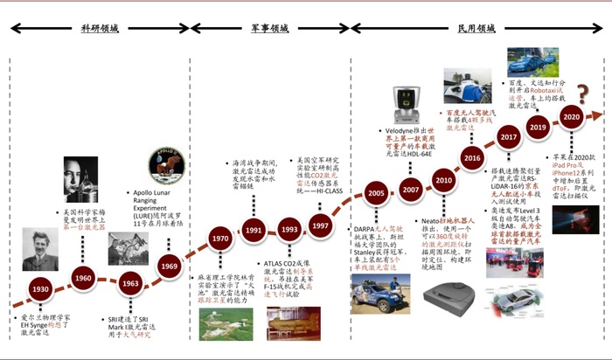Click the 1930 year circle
(x=39, y=289)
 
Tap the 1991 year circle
(x=254, y=232)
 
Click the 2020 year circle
(x=571, y=117)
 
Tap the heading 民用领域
(x=476, y=28)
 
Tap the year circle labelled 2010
(x=442, y=180)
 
